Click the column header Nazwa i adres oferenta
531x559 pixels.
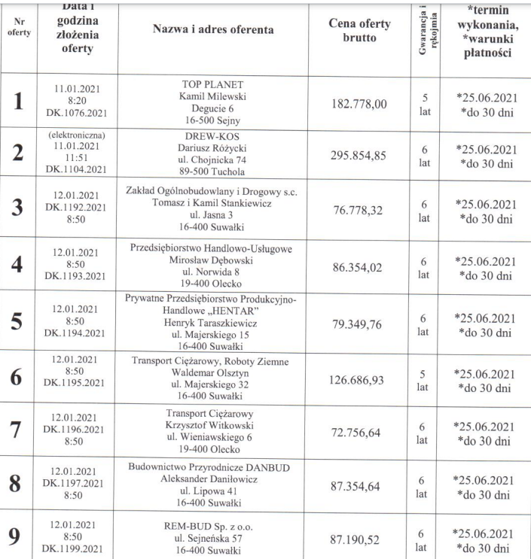click(x=214, y=29)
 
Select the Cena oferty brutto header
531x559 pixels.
click(x=360, y=31)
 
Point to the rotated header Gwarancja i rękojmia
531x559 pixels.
click(x=430, y=30)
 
